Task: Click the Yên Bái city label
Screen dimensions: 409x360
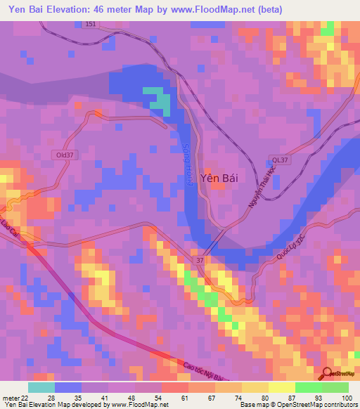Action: [219, 178]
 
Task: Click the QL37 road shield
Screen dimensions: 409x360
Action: [280, 160]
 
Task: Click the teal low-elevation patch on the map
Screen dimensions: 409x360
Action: [161, 102]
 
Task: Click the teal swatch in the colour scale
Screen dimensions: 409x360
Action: [41, 387]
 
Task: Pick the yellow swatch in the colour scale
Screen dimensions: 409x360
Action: [281, 387]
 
